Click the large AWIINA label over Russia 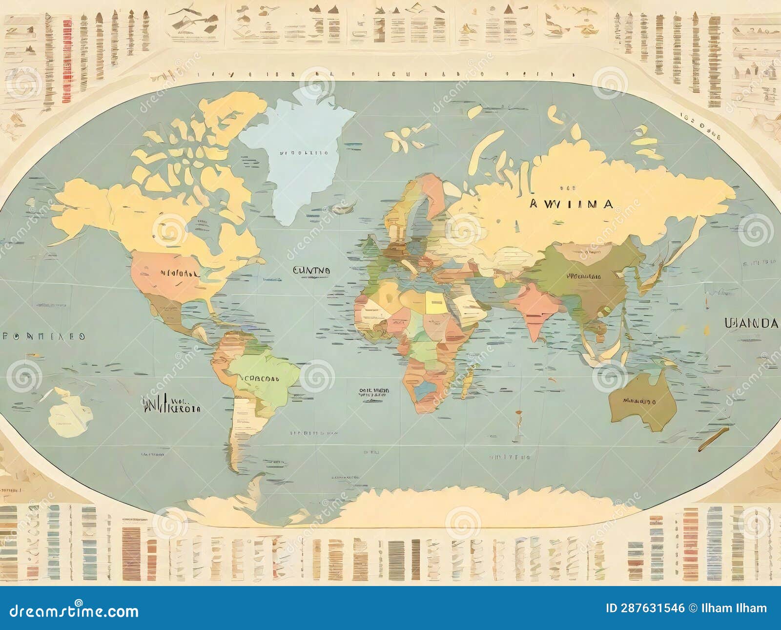571,204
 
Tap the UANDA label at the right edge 752,323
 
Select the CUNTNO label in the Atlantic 311,270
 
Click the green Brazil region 264,374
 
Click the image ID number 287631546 644,608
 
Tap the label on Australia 639,401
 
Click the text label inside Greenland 304,152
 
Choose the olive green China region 586,278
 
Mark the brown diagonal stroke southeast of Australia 713,439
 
